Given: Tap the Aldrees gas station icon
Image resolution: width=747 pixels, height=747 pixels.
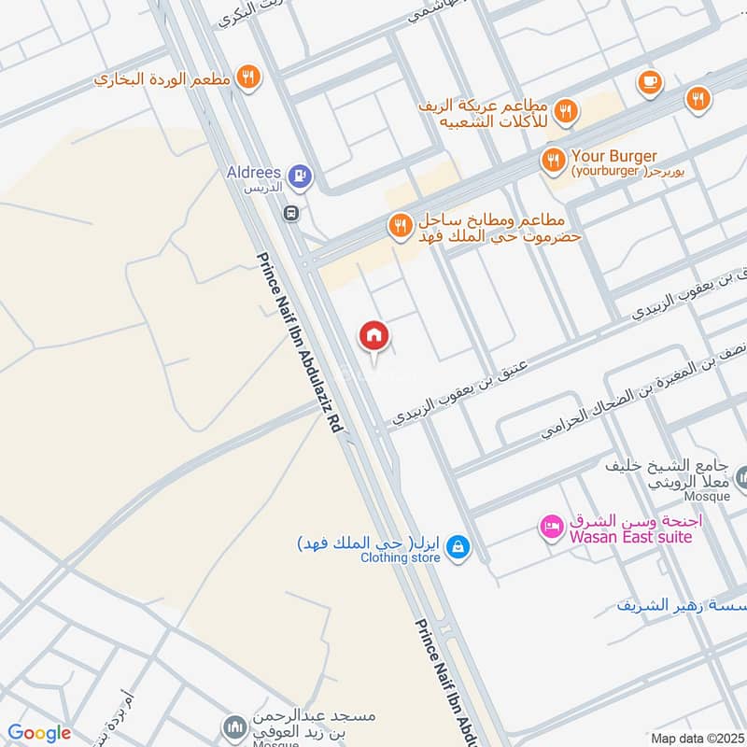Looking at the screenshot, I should (298, 174).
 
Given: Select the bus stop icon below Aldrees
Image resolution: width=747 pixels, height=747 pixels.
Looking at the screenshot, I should (292, 212).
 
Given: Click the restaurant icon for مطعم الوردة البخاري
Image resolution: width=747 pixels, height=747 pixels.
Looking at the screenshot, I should (247, 78).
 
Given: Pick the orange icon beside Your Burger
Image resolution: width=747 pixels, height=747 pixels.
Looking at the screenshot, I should (554, 162).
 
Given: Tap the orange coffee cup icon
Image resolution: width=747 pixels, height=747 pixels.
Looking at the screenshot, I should (649, 84).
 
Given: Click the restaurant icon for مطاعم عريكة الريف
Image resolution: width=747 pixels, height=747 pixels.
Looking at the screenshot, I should (565, 113).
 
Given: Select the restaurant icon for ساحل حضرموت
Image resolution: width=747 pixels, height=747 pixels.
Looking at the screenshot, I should (400, 225).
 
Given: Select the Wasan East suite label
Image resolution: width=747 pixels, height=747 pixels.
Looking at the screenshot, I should (628, 537).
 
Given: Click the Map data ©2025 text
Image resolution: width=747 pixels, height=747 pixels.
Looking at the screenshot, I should (695, 738).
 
